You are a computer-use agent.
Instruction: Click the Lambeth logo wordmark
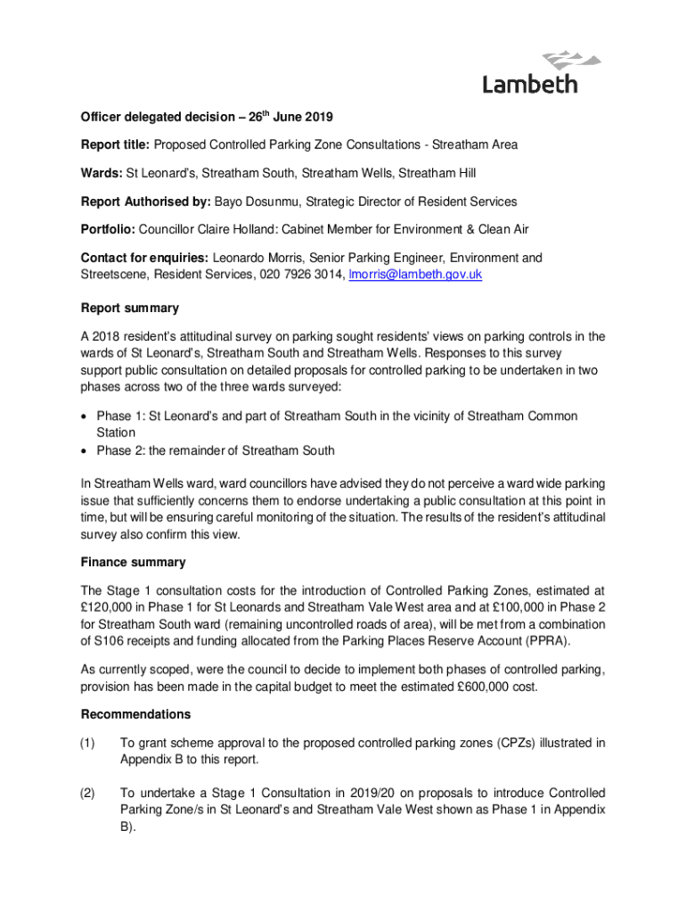(x=530, y=84)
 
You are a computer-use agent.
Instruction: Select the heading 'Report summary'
(x=129, y=308)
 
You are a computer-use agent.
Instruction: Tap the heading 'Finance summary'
(x=133, y=563)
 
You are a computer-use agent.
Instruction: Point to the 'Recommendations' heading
(x=135, y=714)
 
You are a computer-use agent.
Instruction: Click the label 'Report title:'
(x=115, y=144)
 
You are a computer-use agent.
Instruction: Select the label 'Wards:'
(x=102, y=173)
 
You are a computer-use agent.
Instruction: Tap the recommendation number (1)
(x=88, y=743)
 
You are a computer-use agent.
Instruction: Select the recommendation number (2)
(x=88, y=794)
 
